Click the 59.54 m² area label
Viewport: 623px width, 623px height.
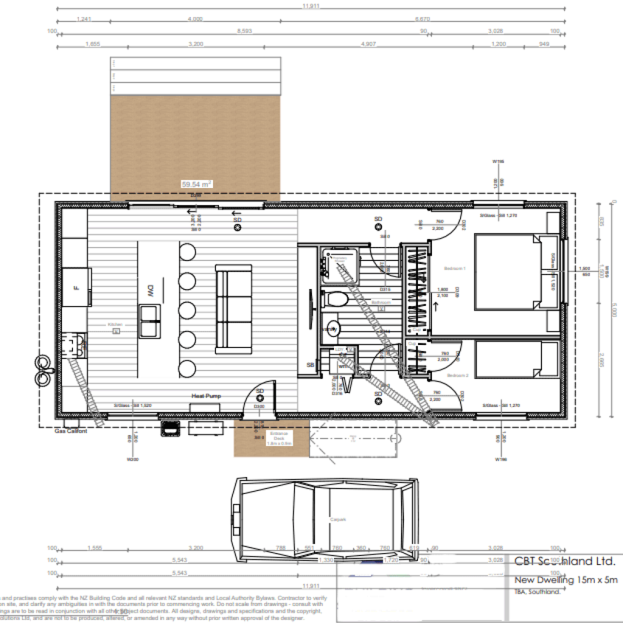click(x=196, y=183)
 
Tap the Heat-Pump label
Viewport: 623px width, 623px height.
click(x=207, y=396)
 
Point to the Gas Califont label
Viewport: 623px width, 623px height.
click(x=71, y=431)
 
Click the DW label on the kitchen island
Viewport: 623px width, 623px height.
click(x=149, y=291)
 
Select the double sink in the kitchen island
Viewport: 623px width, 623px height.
click(x=149, y=321)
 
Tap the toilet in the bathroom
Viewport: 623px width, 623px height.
click(x=335, y=299)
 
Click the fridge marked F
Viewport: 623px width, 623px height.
click(x=77, y=287)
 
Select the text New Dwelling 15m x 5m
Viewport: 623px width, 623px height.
click(x=566, y=580)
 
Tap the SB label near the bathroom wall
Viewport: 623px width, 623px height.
click(x=310, y=365)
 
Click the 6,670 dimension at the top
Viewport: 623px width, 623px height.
click(x=423, y=19)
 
